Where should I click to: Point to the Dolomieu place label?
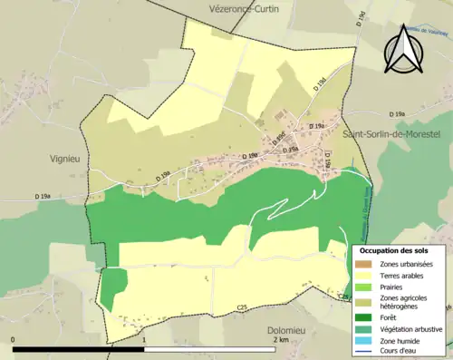click(289, 332)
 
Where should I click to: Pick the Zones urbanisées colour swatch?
click(364, 264)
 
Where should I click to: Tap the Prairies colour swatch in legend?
click(364, 287)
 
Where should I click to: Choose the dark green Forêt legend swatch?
click(364, 317)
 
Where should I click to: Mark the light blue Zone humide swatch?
click(364, 340)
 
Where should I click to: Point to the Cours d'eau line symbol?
click(364, 352)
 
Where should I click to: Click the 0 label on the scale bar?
click(13, 340)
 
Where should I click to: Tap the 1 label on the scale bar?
click(145, 340)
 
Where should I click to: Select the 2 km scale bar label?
click(281, 340)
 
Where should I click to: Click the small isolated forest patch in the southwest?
click(113, 287)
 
